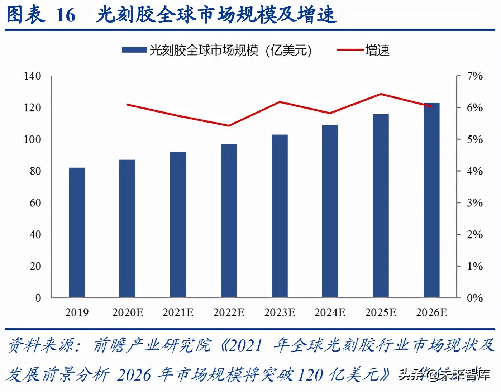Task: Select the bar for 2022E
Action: (229, 220)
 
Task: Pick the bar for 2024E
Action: (330, 211)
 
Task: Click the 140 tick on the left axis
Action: (32, 76)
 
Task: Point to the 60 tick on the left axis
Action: (35, 203)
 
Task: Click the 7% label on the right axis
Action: (474, 76)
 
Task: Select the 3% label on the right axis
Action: (474, 203)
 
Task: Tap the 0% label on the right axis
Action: (474, 298)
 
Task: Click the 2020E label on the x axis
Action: (128, 312)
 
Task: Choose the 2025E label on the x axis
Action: (381, 312)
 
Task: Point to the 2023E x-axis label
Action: (280, 312)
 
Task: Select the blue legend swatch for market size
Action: (134, 50)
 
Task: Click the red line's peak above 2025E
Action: (381, 94)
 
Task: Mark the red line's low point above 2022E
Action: (229, 125)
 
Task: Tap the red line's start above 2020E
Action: (128, 105)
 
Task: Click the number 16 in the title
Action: (66, 15)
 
